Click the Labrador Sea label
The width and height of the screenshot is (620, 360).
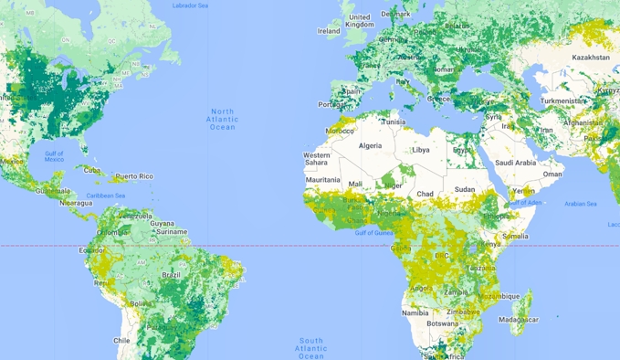pyautogui.click(x=191, y=5)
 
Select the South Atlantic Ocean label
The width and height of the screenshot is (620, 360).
pyautogui.click(x=310, y=347)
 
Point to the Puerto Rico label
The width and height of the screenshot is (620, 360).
pyautogui.click(x=133, y=175)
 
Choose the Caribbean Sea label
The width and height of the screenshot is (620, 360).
pyautogui.click(x=105, y=196)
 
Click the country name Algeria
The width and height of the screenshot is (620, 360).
pyautogui.click(x=370, y=146)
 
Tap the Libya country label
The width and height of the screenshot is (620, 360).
pyautogui.click(x=421, y=150)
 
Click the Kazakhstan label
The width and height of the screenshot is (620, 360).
pyautogui.click(x=591, y=58)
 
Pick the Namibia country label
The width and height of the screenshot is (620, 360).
pyautogui.click(x=415, y=312)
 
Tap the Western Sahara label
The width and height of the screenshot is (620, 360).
pyautogui.click(x=317, y=159)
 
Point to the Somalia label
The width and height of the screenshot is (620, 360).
pyautogui.click(x=515, y=237)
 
